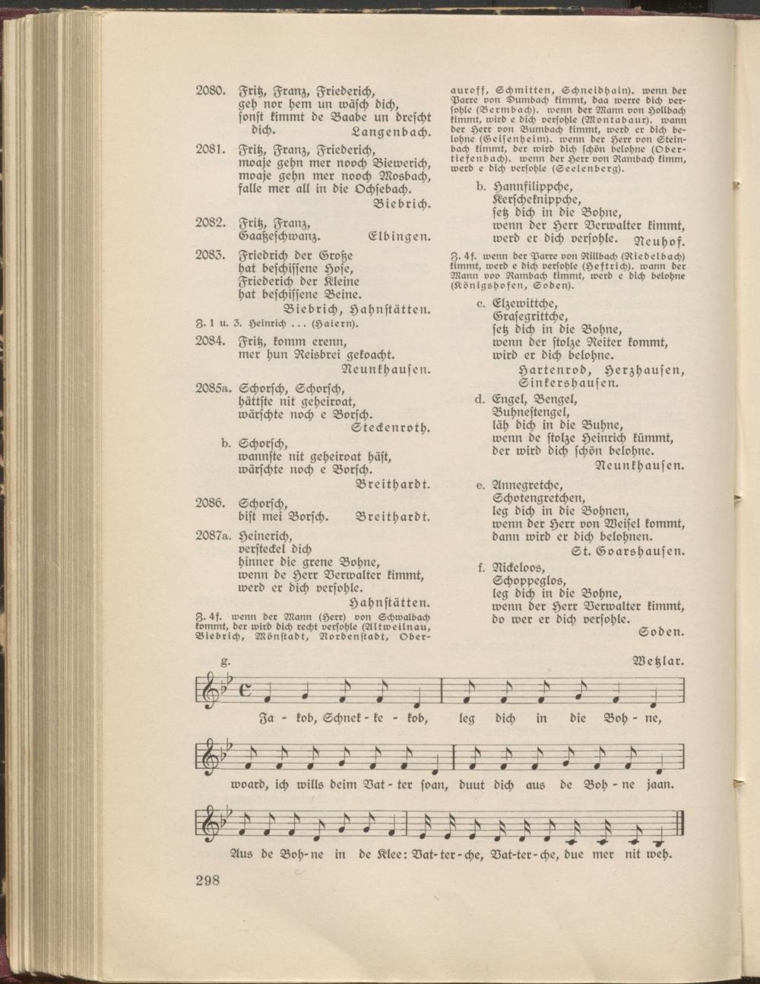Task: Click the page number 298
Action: click(x=207, y=881)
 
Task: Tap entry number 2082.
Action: click(x=209, y=223)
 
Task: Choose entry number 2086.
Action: click(x=209, y=503)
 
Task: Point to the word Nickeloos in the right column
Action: click(x=519, y=567)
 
